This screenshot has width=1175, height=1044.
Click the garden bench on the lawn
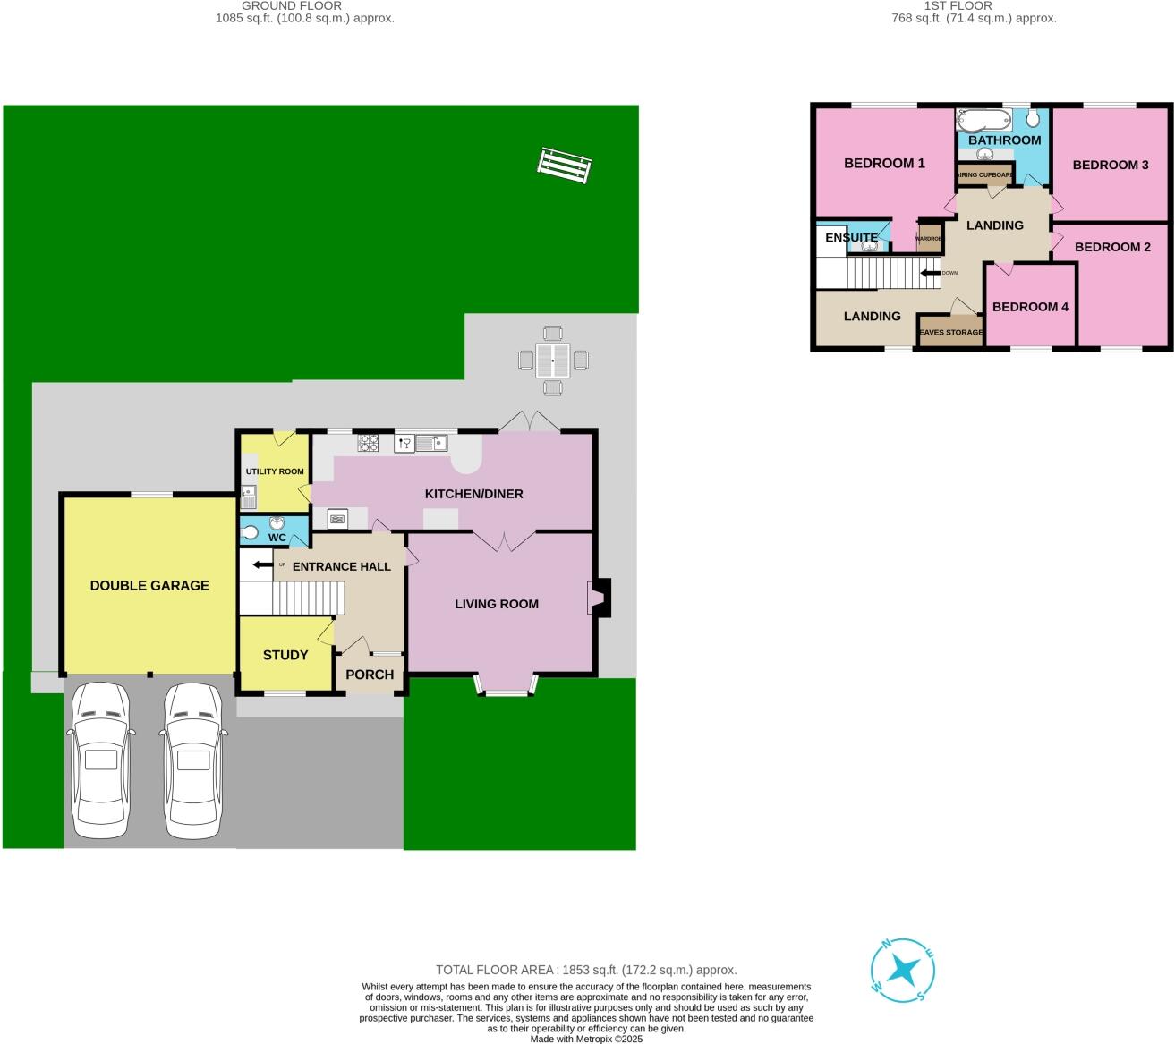[x=565, y=166]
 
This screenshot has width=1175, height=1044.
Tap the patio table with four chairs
[x=553, y=361]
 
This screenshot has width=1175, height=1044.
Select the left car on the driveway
[x=100, y=760]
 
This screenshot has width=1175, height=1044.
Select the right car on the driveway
[x=192, y=760]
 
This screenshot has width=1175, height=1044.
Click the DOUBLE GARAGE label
[x=149, y=586]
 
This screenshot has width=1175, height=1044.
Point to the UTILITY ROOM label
[x=275, y=471]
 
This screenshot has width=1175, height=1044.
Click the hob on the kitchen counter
[x=369, y=442]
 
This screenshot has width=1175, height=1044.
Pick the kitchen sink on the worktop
[x=431, y=442]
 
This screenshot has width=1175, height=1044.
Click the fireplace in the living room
[x=599, y=598]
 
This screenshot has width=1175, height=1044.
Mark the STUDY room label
[x=285, y=655]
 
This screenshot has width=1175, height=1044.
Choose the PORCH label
[x=370, y=675]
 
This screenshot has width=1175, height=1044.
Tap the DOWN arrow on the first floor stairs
[x=931, y=273]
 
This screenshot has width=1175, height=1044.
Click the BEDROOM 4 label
[x=1030, y=307]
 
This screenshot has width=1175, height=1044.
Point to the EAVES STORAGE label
[x=950, y=333]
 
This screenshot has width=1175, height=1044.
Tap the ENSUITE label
[x=851, y=238]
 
